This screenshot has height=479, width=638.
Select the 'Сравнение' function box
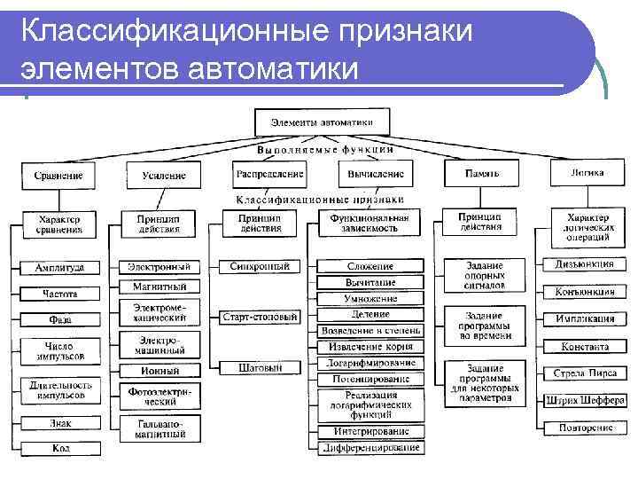coord(58,175)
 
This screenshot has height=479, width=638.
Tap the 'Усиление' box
coord(163,176)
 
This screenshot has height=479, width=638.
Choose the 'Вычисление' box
coord(376,174)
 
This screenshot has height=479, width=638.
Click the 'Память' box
coord(482,173)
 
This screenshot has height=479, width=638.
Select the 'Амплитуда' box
coord(59,267)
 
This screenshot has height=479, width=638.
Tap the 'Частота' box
coord(59,293)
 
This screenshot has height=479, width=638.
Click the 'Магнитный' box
coord(159,287)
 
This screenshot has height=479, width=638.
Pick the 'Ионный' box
coord(159,371)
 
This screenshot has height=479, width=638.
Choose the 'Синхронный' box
coord(259,266)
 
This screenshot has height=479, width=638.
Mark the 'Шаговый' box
coord(260,367)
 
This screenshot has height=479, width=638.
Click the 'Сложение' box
coord(370,266)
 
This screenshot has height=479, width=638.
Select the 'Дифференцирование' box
coord(370,448)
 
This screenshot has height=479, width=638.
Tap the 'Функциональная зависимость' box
coord(370,222)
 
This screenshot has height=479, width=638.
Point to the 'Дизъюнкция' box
coord(584,264)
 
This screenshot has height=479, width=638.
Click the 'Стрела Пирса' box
coord(584,373)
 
